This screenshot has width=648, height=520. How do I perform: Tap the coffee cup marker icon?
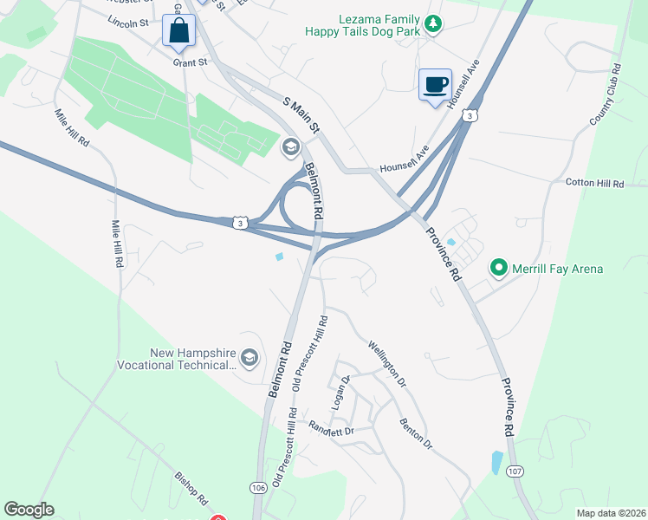point(435,85)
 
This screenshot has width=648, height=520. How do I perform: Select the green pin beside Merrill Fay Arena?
point(499,269)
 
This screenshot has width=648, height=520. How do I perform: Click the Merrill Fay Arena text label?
point(556,269)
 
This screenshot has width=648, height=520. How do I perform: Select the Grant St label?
point(191,62)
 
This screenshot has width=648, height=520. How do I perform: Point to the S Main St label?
point(302,114)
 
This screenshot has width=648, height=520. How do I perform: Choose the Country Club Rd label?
point(606,94)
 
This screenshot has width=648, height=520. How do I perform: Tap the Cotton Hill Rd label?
point(594,184)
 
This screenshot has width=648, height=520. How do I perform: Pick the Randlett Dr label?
point(332,430)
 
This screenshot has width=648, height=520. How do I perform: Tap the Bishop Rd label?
point(191,489)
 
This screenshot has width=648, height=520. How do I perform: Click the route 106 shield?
point(258,488)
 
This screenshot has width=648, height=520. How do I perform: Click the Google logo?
point(29,510)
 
